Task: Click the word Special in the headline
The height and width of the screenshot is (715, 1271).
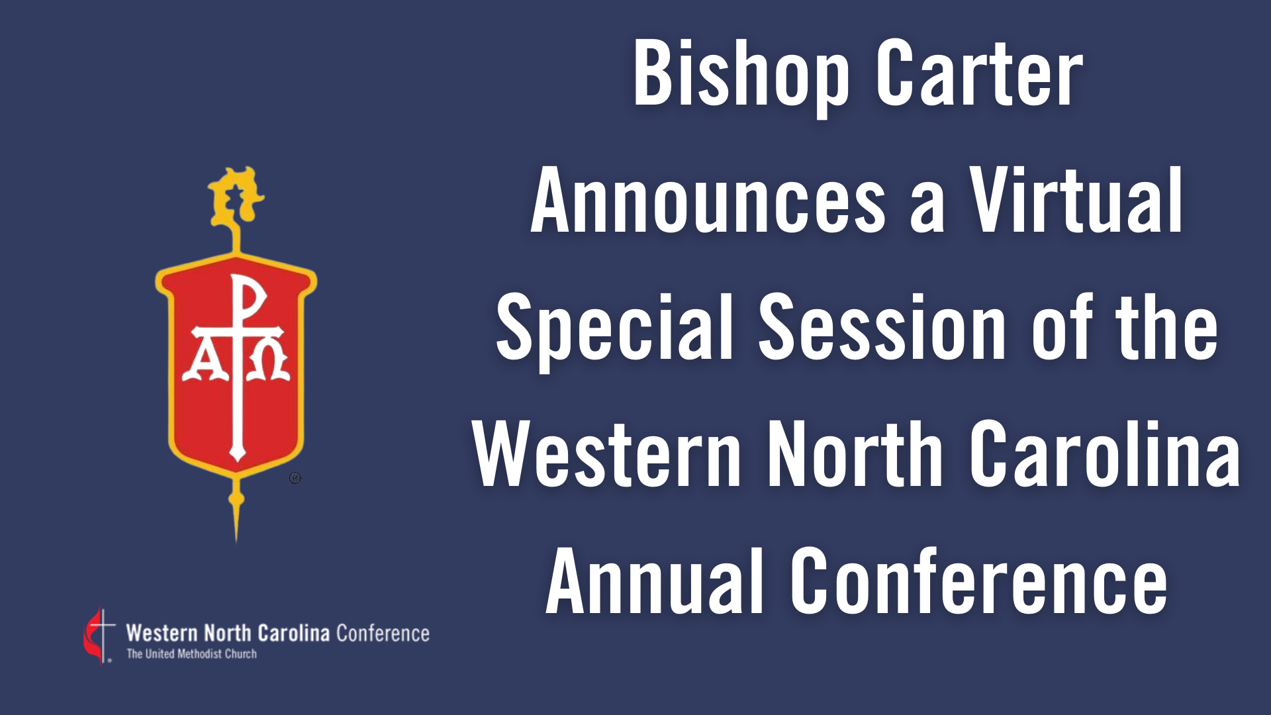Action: pyautogui.click(x=615, y=329)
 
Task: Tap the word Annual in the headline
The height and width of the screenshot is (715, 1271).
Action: pyautogui.click(x=655, y=581)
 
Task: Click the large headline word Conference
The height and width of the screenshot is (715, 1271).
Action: pyautogui.click(x=980, y=581)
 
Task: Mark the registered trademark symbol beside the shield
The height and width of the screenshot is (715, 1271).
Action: pyautogui.click(x=295, y=477)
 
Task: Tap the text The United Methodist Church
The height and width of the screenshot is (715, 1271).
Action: pyautogui.click(x=192, y=654)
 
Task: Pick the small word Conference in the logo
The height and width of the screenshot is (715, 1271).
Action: pyautogui.click(x=383, y=634)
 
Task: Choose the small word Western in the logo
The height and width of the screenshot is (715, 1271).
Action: pyautogui.click(x=162, y=634)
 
